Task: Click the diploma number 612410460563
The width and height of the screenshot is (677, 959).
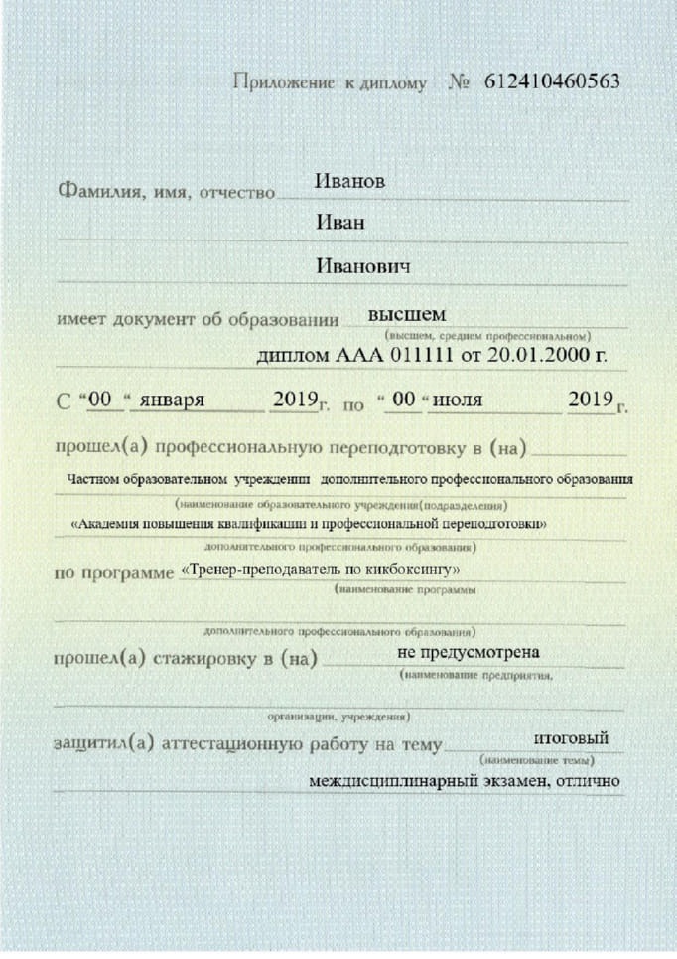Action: [552, 81]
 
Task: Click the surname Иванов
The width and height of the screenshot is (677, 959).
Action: [349, 181]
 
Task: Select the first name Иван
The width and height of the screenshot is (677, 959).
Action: [339, 223]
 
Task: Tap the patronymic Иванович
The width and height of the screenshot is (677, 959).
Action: [363, 267]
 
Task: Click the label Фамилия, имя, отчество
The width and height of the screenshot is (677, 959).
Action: [166, 190]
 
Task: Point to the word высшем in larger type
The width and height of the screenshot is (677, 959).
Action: [407, 314]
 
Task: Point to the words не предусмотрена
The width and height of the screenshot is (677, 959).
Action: [469, 653]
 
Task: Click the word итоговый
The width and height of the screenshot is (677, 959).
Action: [564, 738]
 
